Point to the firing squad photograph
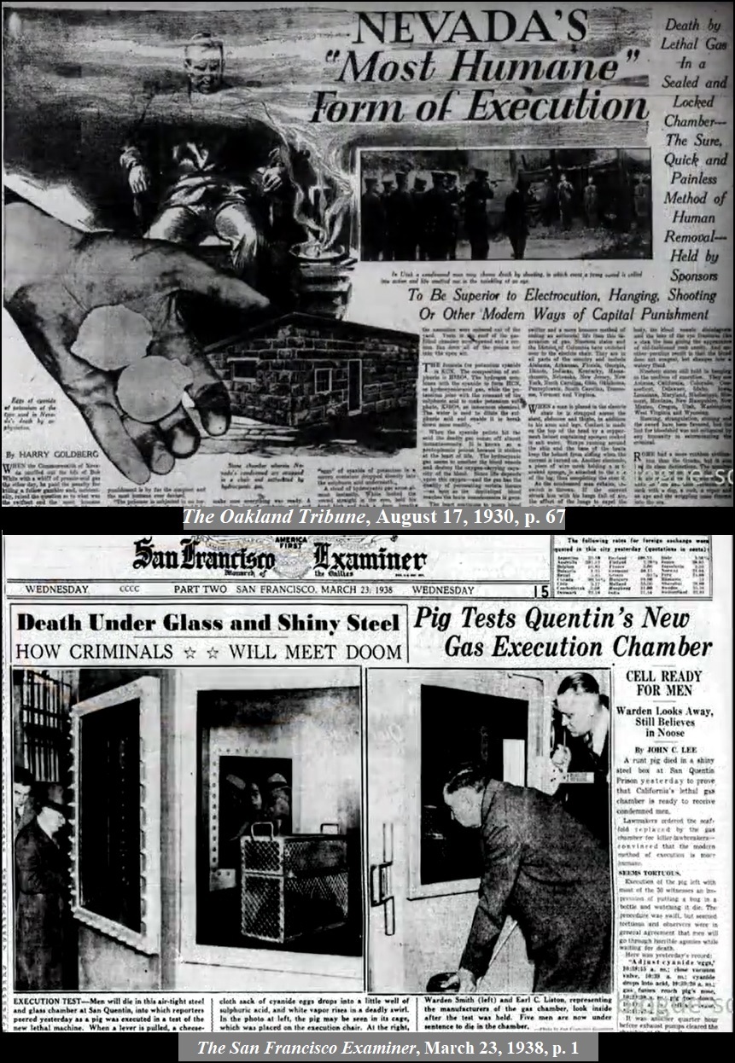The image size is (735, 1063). [505, 206]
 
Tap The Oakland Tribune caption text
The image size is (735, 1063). [373, 517]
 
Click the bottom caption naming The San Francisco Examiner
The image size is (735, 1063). [373, 1047]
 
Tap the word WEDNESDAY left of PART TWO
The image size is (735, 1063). [56, 590]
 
